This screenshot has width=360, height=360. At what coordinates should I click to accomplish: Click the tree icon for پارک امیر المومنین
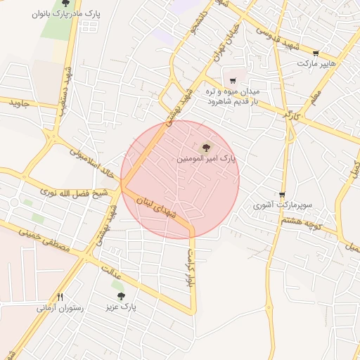click(206, 148)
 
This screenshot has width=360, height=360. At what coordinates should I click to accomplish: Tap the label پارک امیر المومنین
click(206, 160)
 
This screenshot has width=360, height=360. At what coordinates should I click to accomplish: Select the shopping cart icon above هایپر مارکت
click(316, 53)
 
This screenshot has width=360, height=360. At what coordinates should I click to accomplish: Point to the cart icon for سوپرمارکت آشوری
click(282, 195)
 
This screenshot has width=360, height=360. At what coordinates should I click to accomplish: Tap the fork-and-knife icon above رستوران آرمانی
click(60, 297)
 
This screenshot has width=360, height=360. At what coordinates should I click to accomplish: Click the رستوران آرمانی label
click(60, 308)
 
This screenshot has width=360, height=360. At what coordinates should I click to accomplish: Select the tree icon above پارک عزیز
click(121, 296)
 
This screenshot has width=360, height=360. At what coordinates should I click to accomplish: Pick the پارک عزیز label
click(121, 307)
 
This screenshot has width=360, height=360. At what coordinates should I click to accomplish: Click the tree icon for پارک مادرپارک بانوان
click(65, 3)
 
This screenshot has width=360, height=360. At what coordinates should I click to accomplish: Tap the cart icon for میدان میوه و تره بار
click(232, 81)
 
